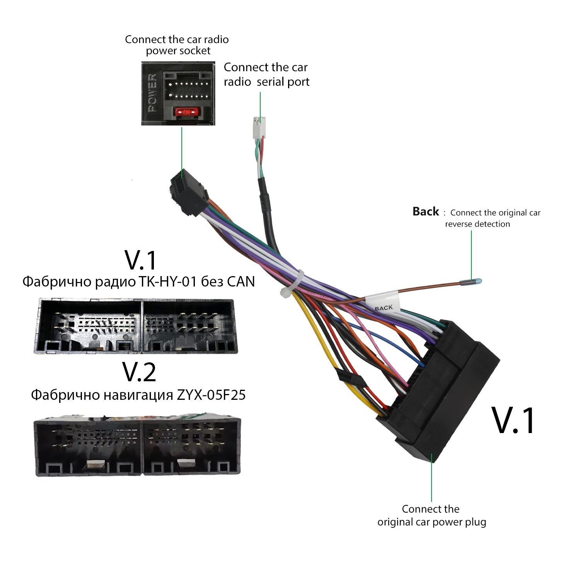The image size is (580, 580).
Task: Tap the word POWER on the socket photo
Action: pos(153,93)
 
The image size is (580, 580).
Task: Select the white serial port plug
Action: pos(259,127)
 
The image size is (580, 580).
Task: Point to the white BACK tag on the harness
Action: pos(383,302)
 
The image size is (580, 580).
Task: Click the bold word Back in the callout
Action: pos(426,212)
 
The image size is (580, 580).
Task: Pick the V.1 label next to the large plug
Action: pos(514,420)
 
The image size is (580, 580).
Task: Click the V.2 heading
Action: pos(139,372)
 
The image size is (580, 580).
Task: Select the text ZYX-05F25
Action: pos(211,395)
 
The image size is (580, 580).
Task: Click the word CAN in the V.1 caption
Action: pos(241,281)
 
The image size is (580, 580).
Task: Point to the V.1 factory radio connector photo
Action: pos(136,326)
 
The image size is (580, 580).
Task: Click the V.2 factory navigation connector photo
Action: pos(138,446)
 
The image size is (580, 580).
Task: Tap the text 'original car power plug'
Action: pos(432,522)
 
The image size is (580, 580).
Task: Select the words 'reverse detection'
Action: pos(478,224)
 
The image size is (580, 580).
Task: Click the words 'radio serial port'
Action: pos(267,82)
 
